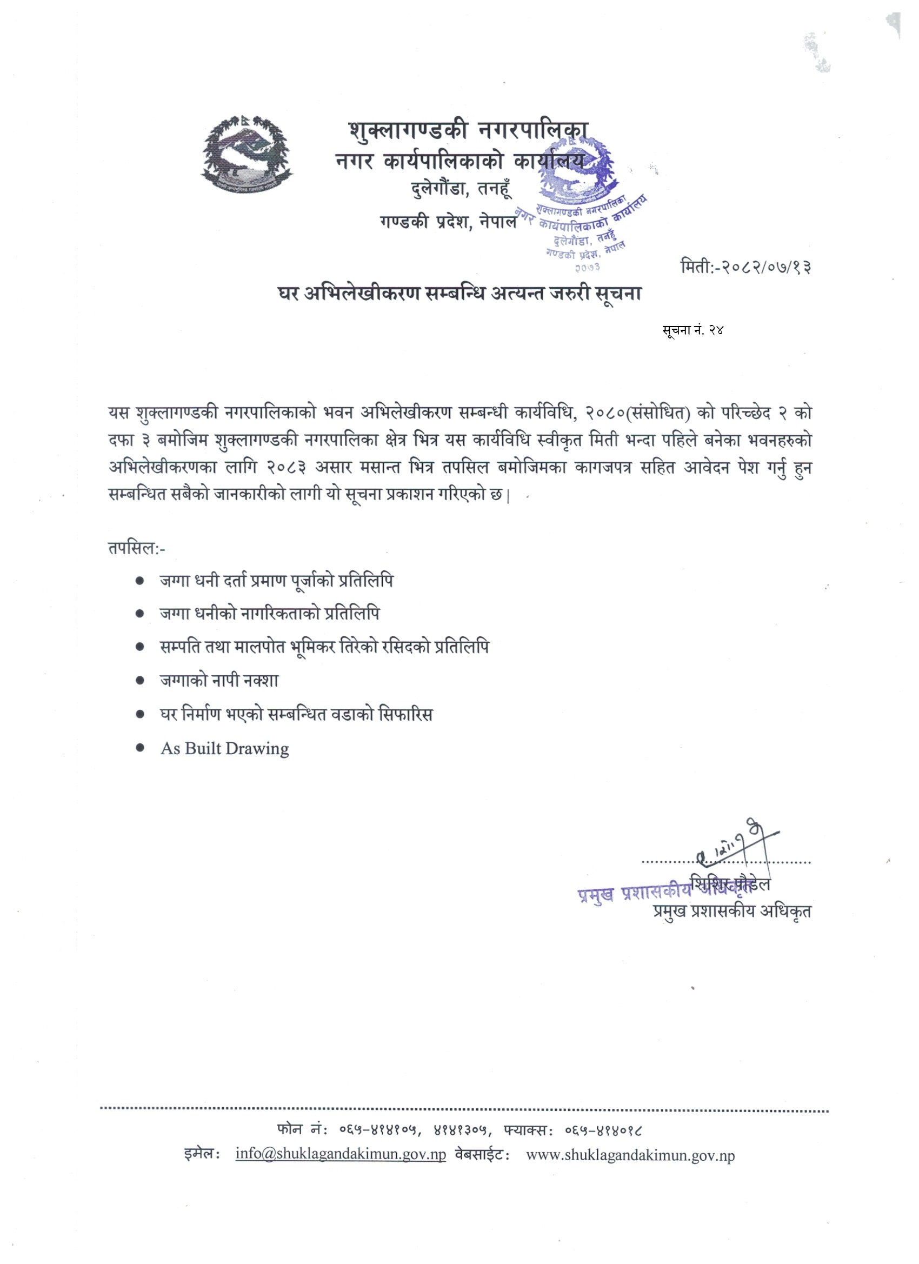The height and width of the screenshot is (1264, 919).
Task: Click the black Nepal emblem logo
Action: (247, 155)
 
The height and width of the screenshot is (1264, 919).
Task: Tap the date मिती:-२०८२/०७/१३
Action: (745, 267)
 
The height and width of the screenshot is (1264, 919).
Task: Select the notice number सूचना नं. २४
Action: (692, 330)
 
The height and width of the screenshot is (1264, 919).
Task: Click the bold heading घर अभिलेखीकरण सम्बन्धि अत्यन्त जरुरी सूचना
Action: (460, 293)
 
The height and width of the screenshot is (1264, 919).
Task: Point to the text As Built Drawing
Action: (224, 748)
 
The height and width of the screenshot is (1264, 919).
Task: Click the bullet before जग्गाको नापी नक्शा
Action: (141, 681)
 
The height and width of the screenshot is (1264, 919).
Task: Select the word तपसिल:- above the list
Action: (137, 548)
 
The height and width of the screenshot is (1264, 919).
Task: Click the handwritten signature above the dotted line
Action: (736, 844)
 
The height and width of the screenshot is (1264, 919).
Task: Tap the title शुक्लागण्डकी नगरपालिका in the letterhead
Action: (468, 130)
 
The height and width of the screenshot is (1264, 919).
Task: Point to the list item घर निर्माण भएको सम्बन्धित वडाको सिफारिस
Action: (296, 715)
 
